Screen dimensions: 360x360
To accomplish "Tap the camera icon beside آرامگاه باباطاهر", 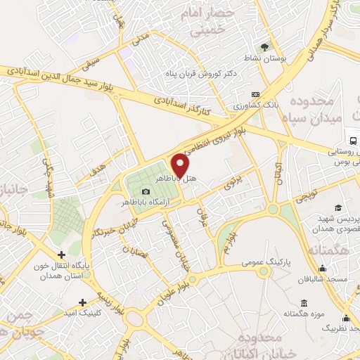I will tap(146, 192).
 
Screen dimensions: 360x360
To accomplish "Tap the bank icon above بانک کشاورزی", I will tap(255, 95).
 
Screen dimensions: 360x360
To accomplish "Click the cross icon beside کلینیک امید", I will tap(82, 302).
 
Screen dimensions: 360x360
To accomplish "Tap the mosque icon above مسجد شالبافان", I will tap(322, 268).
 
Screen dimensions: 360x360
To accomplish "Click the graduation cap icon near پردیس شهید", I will tap(338, 207).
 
